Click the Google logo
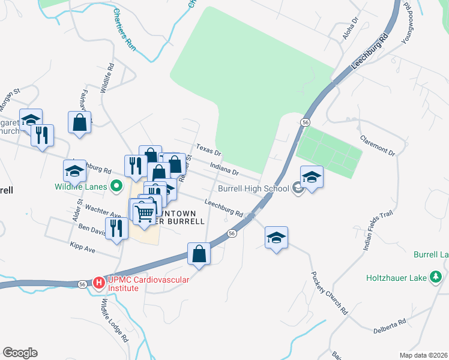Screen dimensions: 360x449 coord(20,353)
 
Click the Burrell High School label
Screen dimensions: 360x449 coord(253,188)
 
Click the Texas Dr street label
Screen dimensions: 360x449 coord(209,149)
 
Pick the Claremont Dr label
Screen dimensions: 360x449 coord(378,145)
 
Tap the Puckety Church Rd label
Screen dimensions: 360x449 coord(329,293)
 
